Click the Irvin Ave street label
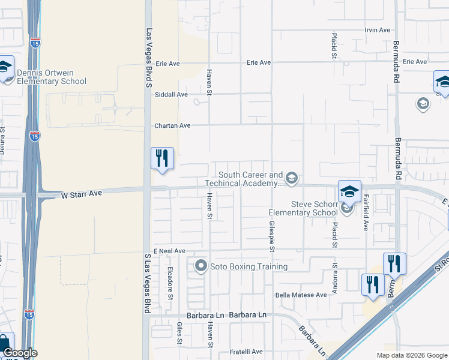pyautogui.click(x=378, y=30)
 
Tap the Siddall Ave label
pyautogui.click(x=171, y=94)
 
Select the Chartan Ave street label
pyautogui.click(x=172, y=125)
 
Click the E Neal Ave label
pyautogui.click(x=169, y=251)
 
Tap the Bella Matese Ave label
pyautogui.click(x=301, y=295)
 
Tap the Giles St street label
pyautogui.click(x=179, y=334)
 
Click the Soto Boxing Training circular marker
pyautogui.click(x=200, y=265)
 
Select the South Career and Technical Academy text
pyautogui.click(x=244, y=179)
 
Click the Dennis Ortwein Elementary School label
pyautogui.click(x=52, y=77)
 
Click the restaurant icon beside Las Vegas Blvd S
pyautogui.click(x=162, y=159)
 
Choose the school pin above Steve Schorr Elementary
pyautogui.click(x=349, y=192)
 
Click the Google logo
pyautogui.click(x=20, y=353)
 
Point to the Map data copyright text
pyautogui.click(x=411, y=355)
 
